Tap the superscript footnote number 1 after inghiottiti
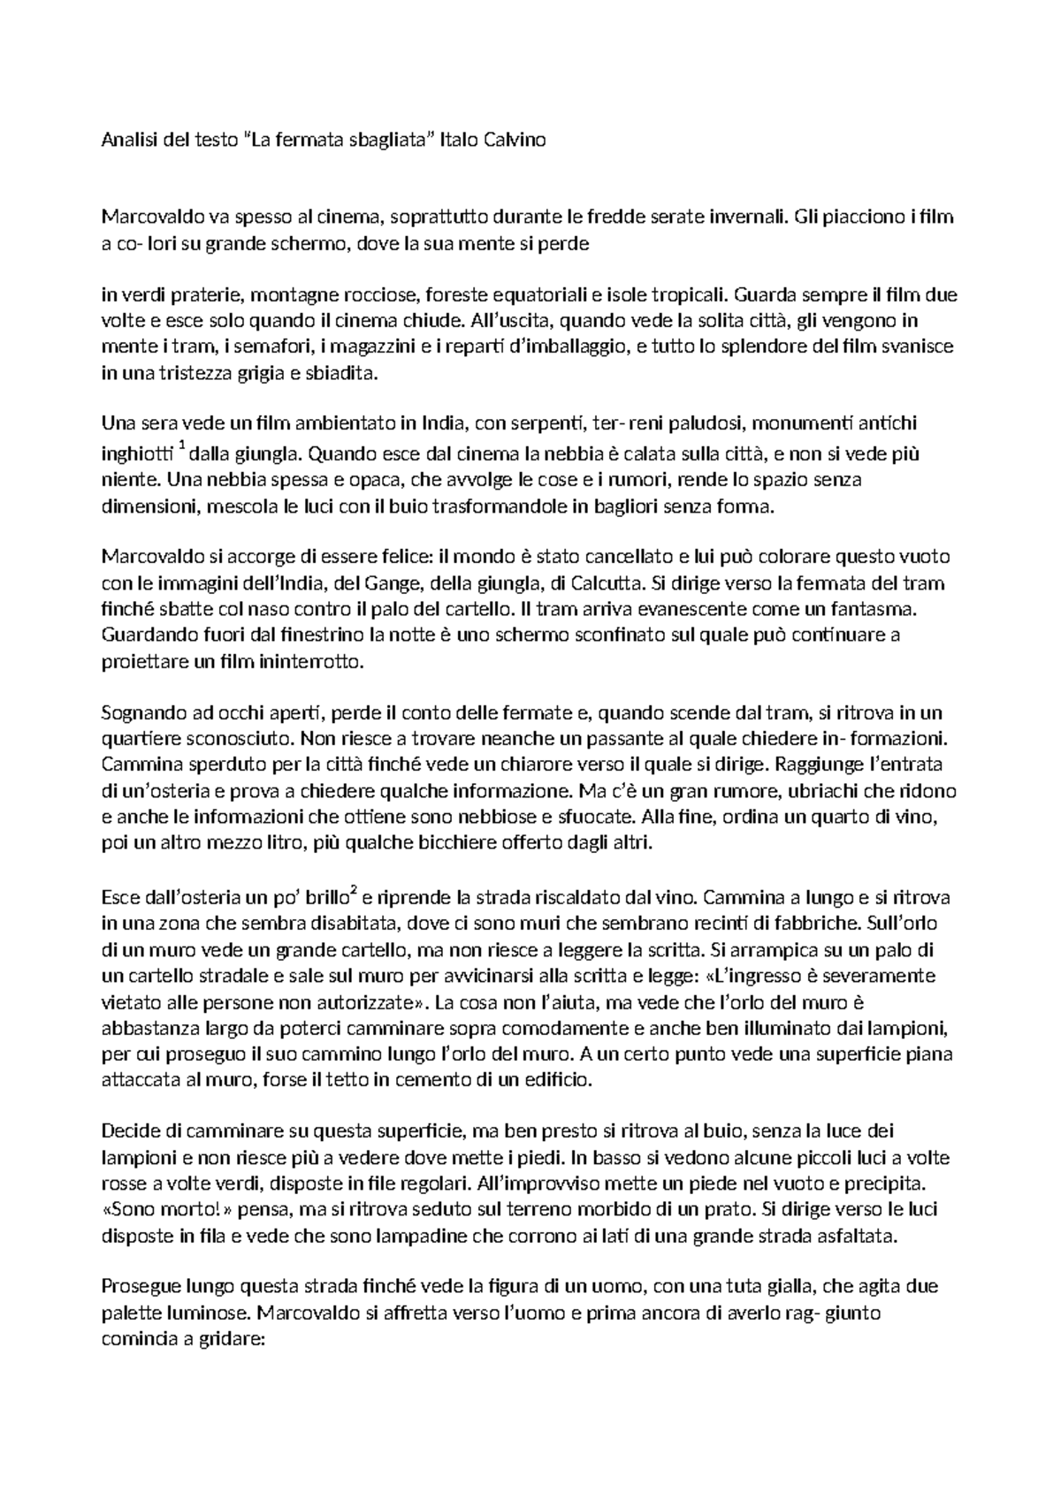181,450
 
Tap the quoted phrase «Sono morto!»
153,1208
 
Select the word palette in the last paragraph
130,1313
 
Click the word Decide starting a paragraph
131,1130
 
